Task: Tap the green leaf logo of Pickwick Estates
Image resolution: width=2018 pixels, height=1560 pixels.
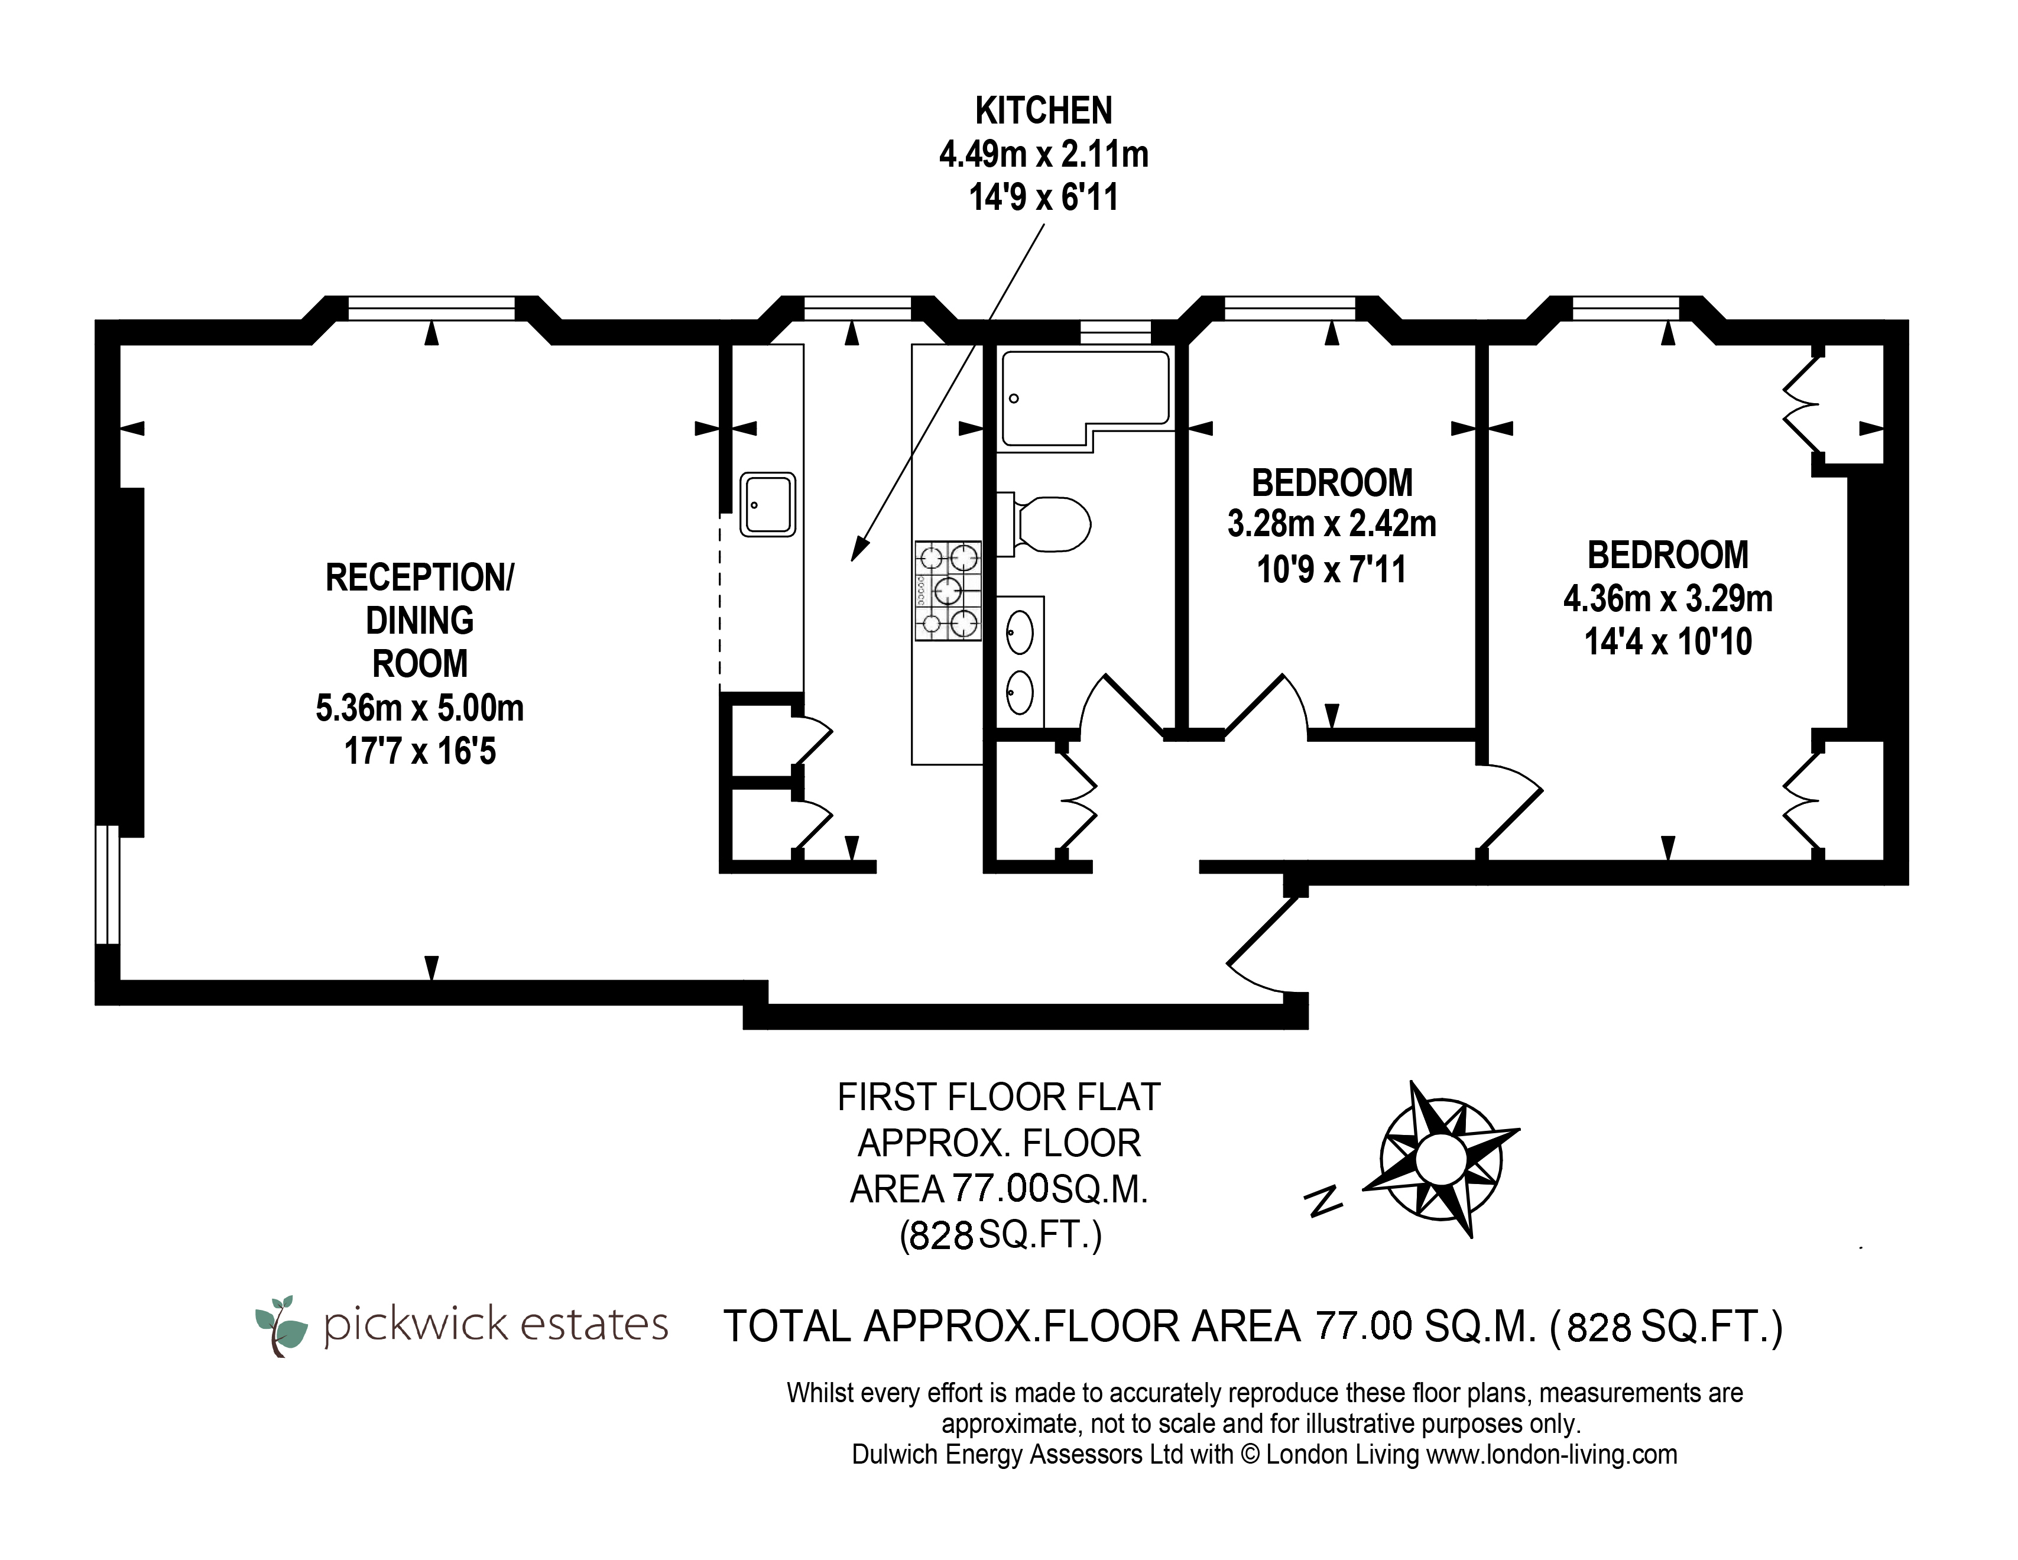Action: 282,1325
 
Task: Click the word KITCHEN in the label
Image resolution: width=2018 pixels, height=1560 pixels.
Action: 1044,111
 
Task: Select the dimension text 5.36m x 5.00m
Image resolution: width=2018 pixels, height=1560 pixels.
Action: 420,708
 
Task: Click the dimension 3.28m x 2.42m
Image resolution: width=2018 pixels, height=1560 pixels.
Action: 1332,524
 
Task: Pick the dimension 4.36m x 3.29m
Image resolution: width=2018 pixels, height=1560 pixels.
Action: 1668,599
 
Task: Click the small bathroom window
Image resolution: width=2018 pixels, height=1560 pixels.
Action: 1115,331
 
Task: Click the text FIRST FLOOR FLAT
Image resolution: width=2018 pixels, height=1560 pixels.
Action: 999,1097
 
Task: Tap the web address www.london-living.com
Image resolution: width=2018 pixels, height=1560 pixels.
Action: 1552,1455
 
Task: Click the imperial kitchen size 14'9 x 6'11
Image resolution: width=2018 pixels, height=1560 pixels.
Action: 1044,197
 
